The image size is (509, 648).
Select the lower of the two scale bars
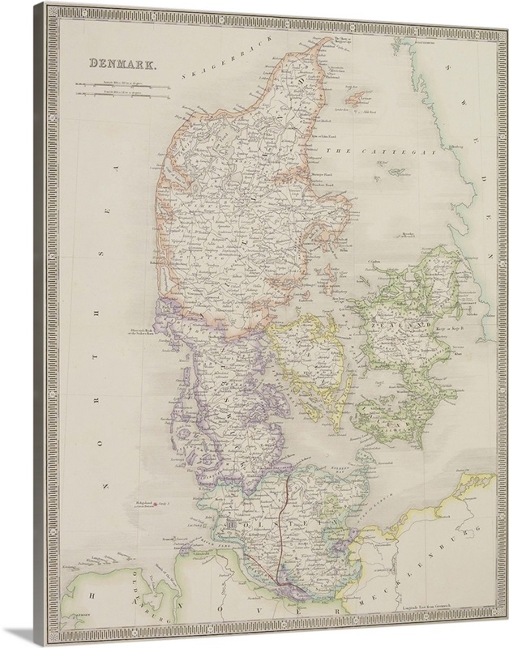[x=121, y=96]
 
